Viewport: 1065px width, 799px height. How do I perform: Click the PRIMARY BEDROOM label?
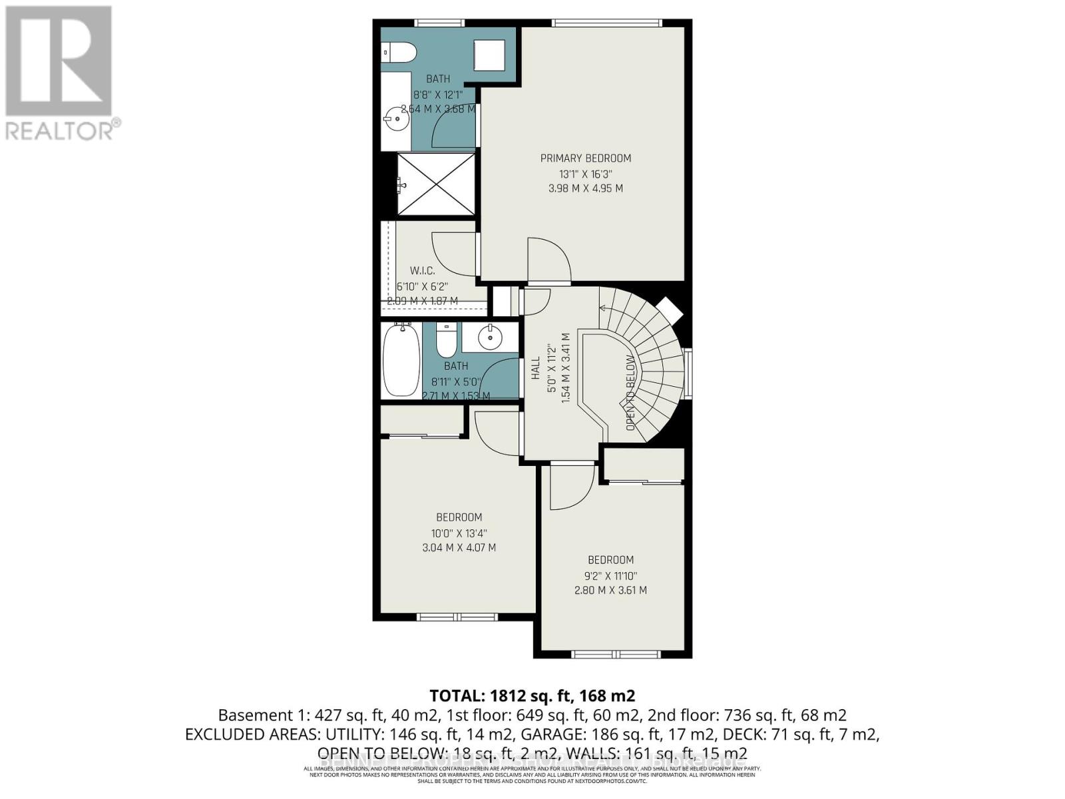coord(585,158)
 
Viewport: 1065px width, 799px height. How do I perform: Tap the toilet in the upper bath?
coord(401,51)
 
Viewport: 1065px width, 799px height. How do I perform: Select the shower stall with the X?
coord(437,184)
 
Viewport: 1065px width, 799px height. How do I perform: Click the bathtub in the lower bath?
coord(401,360)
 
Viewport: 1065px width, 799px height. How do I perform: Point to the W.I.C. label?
coord(422,271)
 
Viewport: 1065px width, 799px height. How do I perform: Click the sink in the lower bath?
coord(491,338)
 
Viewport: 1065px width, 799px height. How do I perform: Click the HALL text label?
coord(536,368)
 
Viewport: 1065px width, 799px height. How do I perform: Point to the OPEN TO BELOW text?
coord(630,393)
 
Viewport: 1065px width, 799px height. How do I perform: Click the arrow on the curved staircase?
coord(604,308)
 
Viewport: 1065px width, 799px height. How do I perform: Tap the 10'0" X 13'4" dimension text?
coord(459,533)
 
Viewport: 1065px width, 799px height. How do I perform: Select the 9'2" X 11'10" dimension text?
coord(610,575)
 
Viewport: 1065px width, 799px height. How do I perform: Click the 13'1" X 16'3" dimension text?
coord(585,174)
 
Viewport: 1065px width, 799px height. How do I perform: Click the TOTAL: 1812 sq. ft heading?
coord(532,696)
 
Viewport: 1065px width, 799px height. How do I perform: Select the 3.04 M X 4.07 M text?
coord(459,548)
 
